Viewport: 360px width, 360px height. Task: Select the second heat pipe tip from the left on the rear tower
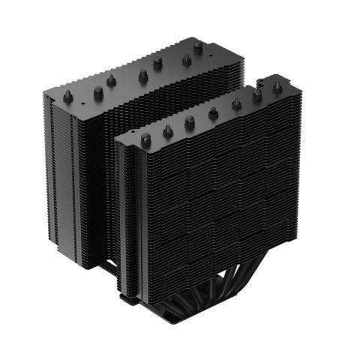point(98,91)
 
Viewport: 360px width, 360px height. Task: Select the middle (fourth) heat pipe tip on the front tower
point(214,112)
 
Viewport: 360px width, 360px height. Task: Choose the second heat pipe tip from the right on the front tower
point(257,94)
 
